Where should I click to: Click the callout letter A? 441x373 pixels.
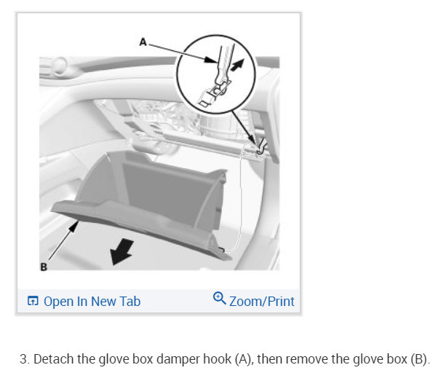coord(143,43)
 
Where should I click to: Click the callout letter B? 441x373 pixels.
coord(44,267)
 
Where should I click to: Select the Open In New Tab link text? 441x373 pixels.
coord(92,301)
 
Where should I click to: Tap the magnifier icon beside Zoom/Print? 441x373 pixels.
coord(220,299)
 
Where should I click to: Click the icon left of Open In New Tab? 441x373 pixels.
coord(33,301)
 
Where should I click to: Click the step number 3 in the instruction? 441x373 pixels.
coord(24,359)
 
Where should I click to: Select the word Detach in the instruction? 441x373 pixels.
coord(53,359)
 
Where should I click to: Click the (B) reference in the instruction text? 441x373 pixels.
coord(421,359)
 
